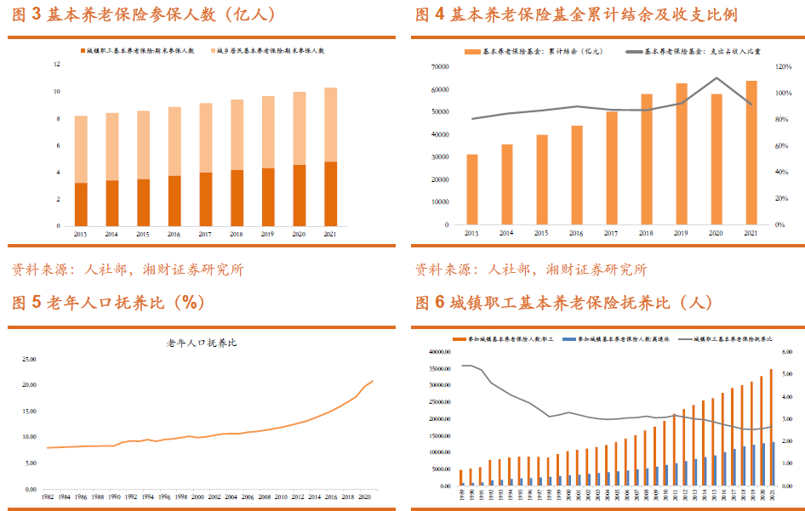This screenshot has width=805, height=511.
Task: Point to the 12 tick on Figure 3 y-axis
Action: click(56, 65)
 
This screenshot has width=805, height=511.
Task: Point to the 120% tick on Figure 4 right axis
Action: click(784, 66)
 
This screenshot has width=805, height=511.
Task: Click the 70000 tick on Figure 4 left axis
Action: click(439, 66)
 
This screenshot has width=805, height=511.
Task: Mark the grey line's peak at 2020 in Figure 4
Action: click(716, 78)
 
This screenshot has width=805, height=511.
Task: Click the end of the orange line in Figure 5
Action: click(373, 381)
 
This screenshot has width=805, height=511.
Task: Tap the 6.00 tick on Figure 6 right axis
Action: click(786, 352)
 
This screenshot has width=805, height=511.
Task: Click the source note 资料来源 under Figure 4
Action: click(530, 270)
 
